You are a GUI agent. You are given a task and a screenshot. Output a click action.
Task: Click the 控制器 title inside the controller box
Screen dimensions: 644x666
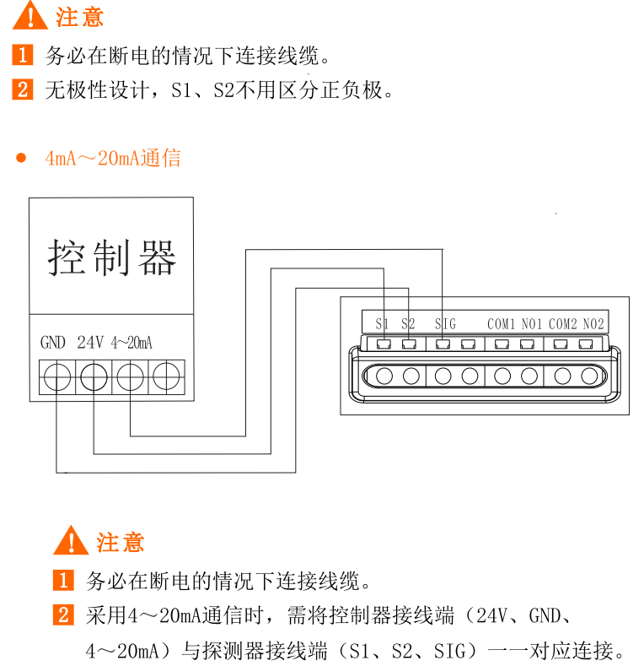(x=111, y=257)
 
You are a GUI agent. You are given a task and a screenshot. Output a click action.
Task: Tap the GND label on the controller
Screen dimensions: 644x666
(x=53, y=343)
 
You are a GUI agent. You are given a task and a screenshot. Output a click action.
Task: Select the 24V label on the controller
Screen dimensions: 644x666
(x=90, y=343)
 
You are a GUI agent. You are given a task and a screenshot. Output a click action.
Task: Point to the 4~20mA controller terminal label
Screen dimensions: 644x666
(x=131, y=343)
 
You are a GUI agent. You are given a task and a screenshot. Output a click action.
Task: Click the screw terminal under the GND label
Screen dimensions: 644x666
(x=57, y=377)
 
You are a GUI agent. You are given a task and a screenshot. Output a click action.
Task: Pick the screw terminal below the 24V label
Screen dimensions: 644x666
(x=94, y=377)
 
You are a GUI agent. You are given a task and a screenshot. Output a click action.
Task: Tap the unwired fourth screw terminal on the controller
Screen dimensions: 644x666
(x=166, y=376)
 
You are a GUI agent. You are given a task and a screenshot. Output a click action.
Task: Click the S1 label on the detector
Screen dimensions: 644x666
(x=382, y=324)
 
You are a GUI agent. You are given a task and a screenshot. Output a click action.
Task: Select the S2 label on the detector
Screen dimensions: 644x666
(x=408, y=324)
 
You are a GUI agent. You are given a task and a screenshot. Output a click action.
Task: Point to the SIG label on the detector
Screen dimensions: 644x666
(x=445, y=324)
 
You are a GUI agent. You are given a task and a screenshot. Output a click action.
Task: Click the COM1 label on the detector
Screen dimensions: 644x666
(x=501, y=324)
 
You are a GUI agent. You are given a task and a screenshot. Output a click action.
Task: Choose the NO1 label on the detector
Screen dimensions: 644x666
(x=532, y=324)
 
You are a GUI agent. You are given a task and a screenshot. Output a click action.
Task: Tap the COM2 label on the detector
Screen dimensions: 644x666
(x=563, y=324)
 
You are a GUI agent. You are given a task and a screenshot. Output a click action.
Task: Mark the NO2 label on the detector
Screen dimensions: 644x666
(x=593, y=324)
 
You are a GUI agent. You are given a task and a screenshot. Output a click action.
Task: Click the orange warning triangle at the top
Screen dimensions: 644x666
(x=30, y=16)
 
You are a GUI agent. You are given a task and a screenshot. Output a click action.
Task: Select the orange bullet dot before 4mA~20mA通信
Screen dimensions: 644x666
(x=21, y=158)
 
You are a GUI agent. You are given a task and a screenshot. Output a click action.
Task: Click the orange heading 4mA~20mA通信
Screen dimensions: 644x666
(x=113, y=158)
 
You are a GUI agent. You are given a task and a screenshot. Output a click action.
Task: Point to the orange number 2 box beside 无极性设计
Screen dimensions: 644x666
(x=23, y=89)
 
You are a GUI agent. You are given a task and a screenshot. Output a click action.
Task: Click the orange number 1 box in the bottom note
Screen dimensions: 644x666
(x=63, y=580)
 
